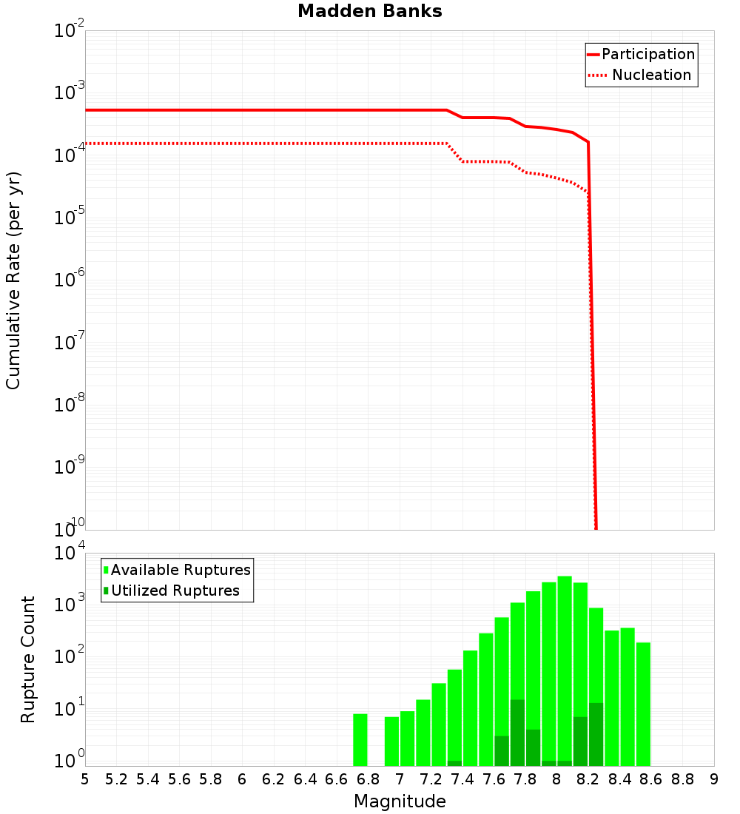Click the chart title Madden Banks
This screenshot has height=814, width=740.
coord(369,11)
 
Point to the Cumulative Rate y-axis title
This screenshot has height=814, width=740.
coord(13,280)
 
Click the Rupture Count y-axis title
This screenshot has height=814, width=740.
coord(28,659)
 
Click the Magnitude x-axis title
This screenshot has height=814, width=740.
coord(400,801)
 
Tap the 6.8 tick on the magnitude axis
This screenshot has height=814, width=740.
coord(369,778)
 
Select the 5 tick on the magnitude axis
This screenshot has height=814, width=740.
coord(85,778)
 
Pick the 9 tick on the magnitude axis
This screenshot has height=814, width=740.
coord(714,778)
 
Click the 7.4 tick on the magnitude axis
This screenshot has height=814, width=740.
coord(462,778)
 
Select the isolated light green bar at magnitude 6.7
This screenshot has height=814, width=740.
coord(360,740)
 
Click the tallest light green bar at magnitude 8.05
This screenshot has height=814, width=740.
coord(565,666)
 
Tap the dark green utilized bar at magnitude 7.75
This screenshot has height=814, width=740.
coord(517,733)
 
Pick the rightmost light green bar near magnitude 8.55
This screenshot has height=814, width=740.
coord(643,703)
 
